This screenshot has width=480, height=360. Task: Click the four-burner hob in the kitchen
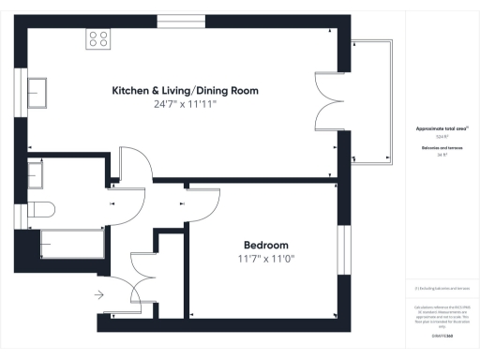click(98, 38)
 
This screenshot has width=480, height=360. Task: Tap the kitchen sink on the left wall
click(39, 92)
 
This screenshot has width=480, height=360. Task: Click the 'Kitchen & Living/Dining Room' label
click(185, 91)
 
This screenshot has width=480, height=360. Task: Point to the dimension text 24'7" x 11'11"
click(185, 105)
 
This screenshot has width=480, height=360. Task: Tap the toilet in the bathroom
click(42, 207)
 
